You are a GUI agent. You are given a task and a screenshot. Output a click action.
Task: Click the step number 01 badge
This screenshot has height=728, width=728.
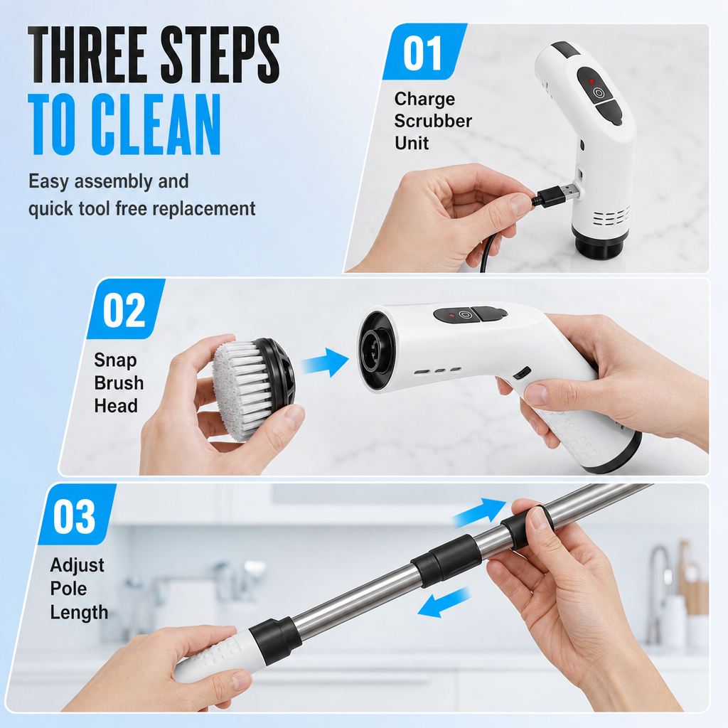424,52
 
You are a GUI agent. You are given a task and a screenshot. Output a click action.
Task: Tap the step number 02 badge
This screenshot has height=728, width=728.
125,309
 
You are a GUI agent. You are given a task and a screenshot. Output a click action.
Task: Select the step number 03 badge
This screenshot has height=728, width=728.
77,515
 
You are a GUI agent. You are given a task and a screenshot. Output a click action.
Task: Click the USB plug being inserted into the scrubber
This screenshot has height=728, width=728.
557,193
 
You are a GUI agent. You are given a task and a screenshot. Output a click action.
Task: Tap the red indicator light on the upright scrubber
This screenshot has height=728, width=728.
592,81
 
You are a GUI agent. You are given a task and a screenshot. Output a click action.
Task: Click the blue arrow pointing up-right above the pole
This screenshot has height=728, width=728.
478,512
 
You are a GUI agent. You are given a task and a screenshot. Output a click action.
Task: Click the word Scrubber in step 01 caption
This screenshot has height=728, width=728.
433,121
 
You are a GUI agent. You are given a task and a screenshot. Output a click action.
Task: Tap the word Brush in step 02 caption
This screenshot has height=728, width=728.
119,383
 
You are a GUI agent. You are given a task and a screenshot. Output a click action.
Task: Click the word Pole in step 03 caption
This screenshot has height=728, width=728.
68,588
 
